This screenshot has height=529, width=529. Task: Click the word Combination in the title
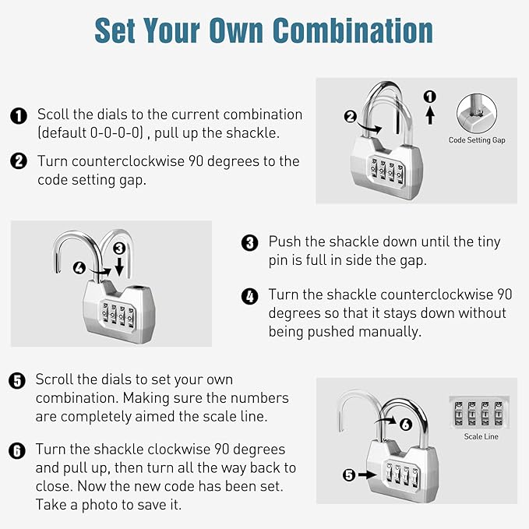click(x=353, y=30)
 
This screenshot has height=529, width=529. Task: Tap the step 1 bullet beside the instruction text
click(x=19, y=116)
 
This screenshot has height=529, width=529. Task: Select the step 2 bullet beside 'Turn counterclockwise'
click(x=19, y=161)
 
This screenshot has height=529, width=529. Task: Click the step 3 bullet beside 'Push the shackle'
click(x=249, y=242)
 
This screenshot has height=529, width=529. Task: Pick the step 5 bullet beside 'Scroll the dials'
click(x=17, y=381)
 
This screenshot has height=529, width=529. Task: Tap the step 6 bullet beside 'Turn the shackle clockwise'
click(x=17, y=451)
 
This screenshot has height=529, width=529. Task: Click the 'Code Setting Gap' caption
click(x=477, y=140)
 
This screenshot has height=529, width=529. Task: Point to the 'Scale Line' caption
click(x=481, y=436)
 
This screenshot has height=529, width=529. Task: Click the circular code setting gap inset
click(x=477, y=114)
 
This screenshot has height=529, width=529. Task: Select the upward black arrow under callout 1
click(x=429, y=115)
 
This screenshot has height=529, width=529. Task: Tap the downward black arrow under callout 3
click(x=119, y=266)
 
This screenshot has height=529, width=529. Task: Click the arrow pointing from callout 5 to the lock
click(x=367, y=474)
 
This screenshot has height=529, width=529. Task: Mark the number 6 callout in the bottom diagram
click(x=406, y=424)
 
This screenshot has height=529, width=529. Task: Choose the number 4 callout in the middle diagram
click(x=79, y=268)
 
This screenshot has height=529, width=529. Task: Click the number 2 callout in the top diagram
click(x=350, y=117)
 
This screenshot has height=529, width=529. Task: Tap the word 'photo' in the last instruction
click(x=100, y=505)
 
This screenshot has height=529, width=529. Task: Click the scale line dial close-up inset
click(x=479, y=412)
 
